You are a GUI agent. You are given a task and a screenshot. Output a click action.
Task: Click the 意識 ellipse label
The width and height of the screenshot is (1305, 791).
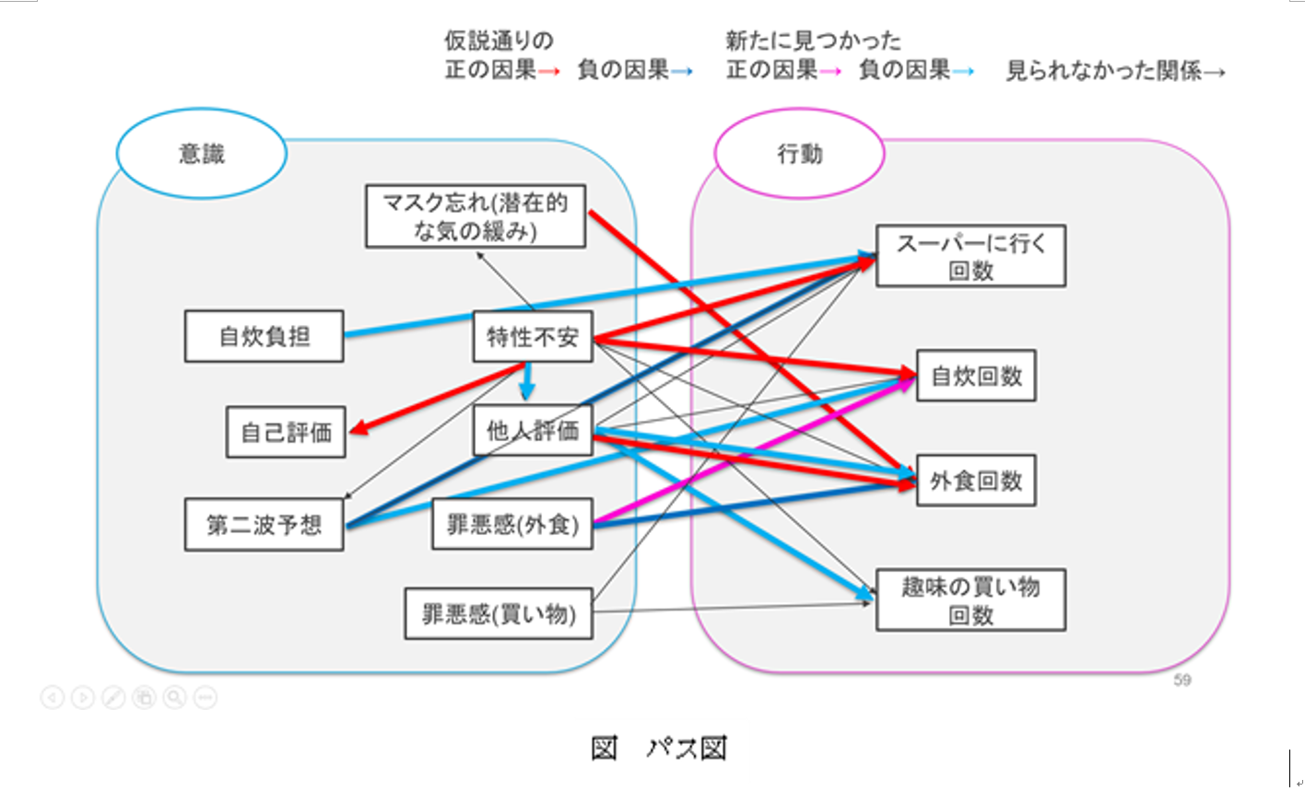tap(201, 154)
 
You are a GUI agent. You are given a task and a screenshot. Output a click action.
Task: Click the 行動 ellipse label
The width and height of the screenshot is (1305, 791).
tap(799, 154)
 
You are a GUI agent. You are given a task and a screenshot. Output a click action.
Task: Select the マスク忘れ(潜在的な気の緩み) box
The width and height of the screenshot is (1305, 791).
tap(476, 216)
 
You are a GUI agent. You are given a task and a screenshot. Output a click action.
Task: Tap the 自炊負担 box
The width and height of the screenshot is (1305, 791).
tap(265, 336)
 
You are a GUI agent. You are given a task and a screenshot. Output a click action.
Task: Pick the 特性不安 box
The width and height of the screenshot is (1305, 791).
tap(533, 337)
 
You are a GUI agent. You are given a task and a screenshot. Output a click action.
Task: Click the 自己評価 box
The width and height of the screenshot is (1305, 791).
tap(286, 432)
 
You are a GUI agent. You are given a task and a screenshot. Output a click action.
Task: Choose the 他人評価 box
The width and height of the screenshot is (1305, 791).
tap(533, 430)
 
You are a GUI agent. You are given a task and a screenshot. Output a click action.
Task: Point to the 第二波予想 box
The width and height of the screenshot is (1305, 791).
tap(265, 525)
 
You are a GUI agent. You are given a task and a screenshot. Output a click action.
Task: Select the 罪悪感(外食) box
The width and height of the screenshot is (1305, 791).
tap(512, 524)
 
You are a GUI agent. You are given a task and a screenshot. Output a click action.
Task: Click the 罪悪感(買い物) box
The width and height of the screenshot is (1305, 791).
tap(499, 613)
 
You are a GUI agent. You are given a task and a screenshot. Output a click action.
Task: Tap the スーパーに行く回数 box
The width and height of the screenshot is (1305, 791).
tap(970, 256)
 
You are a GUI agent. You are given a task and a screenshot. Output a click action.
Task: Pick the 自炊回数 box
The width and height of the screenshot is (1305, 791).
tap(976, 376)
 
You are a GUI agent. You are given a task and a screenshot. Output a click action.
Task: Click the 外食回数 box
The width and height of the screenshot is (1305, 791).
tap(976, 480)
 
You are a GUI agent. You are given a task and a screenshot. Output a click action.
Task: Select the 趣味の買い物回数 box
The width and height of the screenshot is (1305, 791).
tap(970, 599)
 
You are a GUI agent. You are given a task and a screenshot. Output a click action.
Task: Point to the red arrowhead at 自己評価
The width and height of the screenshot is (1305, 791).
tap(358, 429)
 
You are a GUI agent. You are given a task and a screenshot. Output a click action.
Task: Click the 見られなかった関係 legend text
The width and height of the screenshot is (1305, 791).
tap(1103, 71)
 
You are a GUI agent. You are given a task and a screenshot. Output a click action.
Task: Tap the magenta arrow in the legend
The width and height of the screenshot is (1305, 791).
tap(830, 72)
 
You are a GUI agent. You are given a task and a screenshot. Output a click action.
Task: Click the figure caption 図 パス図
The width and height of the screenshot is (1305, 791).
tap(658, 748)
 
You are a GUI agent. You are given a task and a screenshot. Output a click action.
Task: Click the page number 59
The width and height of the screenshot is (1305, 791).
tap(1182, 680)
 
